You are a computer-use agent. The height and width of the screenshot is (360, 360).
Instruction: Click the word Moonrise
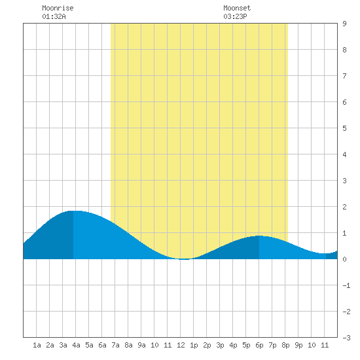click(58, 8)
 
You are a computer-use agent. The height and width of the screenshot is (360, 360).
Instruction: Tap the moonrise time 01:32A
click(54, 16)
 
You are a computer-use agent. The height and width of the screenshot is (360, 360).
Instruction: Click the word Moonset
click(237, 8)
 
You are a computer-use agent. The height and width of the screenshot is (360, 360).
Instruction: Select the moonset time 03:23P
click(236, 16)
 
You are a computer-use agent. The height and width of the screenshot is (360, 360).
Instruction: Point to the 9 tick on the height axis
click(344, 24)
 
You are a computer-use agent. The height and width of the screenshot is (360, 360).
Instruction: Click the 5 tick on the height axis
click(344, 128)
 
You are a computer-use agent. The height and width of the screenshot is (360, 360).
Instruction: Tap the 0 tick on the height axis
click(344, 259)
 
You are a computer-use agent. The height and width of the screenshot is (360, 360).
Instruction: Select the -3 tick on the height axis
click(346, 338)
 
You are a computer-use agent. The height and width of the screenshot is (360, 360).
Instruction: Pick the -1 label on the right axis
click(346, 285)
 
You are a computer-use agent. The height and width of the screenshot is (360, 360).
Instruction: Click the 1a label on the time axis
click(37, 345)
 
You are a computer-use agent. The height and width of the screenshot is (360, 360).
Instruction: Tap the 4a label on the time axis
click(76, 345)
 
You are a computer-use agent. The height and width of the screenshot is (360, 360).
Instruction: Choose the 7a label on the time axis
click(115, 345)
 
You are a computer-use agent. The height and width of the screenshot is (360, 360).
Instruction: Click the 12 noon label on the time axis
click(181, 345)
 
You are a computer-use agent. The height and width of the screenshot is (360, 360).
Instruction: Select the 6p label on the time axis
click(259, 345)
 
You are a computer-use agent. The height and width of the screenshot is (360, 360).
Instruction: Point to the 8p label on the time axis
click(285, 345)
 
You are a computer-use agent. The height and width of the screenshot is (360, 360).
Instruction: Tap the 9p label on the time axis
click(298, 345)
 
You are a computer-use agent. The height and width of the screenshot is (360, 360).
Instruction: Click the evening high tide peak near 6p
click(259, 236)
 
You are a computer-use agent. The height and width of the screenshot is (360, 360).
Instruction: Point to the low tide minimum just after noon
click(185, 259)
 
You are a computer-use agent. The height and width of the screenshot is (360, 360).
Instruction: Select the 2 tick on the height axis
click(344, 207)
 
